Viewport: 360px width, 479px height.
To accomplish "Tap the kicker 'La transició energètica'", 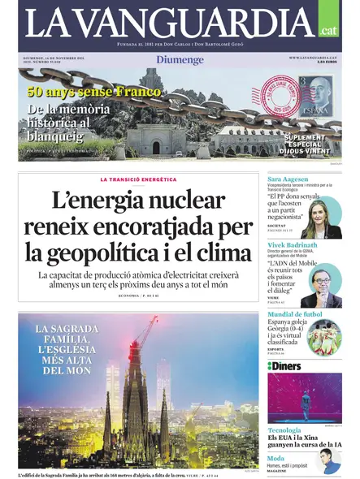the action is pyautogui.click(x=138, y=179).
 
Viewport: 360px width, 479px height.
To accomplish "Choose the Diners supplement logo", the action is pyautogui.click(x=285, y=366).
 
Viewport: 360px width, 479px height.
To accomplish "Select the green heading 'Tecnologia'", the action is pyautogui.click(x=285, y=430).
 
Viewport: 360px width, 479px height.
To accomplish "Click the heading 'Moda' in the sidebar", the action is pyautogui.click(x=276, y=456).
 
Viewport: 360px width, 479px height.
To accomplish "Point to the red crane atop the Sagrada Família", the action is pyautogui.click(x=146, y=333).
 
